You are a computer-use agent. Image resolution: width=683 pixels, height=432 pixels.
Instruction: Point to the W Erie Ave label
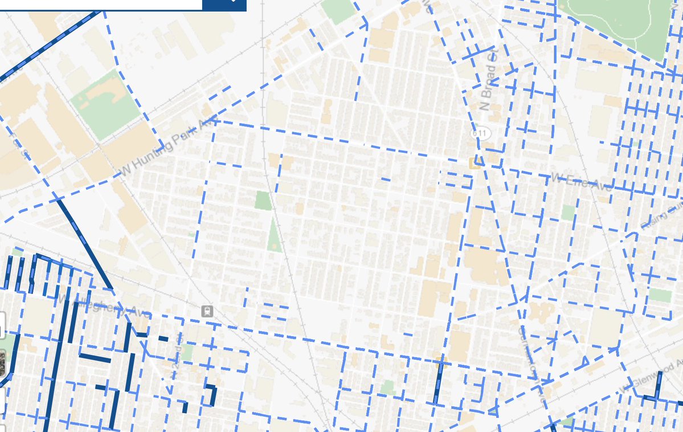[579, 181]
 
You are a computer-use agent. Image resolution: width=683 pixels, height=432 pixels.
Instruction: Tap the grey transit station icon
[207, 311]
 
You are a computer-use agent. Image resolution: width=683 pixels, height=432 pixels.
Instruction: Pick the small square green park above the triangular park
[263, 201]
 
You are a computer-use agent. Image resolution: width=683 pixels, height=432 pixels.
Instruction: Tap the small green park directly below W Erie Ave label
[568, 213]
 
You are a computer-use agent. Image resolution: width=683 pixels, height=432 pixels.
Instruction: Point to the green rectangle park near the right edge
[660, 295]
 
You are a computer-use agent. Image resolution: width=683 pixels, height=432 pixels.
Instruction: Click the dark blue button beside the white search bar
[224, 5]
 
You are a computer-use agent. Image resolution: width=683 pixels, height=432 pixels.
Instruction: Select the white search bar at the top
[103, 5]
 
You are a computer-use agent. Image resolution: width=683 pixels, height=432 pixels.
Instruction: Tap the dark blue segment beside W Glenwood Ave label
[658, 386]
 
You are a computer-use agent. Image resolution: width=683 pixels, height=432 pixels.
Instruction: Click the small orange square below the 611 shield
[475, 162]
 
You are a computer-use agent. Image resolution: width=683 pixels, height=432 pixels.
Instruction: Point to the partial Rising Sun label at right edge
[664, 217]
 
